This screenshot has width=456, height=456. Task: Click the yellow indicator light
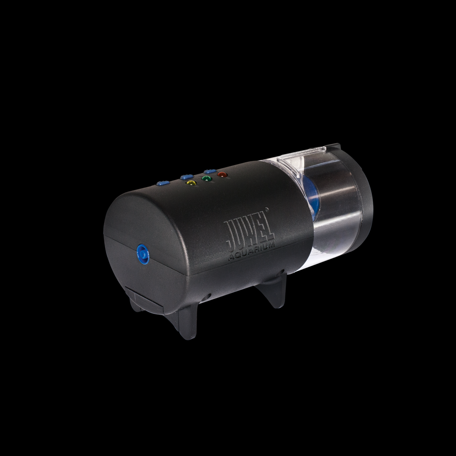[191, 183]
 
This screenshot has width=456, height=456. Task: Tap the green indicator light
[206, 178]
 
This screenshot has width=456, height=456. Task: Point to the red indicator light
[222, 175]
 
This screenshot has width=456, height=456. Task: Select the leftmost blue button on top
[163, 183]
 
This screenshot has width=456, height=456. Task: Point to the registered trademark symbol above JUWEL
[267, 208]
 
